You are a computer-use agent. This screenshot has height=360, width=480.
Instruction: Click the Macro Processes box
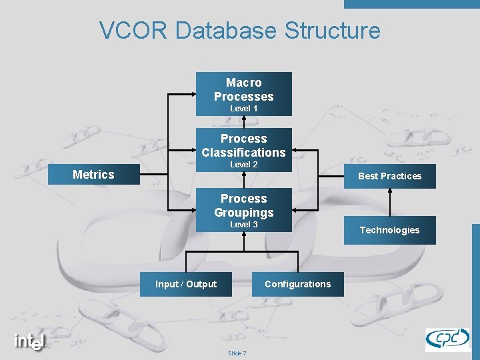coord(243,90)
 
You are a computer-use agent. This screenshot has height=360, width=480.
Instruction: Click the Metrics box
coord(93,175)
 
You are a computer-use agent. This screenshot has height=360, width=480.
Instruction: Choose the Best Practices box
coord(390,176)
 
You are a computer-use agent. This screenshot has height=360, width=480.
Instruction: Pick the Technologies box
coord(390,230)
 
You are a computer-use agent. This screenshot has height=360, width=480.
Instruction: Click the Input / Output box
coord(186,284)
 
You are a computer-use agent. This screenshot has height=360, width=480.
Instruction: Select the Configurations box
coord(297,284)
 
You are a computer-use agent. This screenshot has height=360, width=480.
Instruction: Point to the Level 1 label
coord(243,108)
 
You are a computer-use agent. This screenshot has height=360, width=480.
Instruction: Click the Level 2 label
coord(243,164)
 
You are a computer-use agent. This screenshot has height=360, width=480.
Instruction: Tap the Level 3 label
coord(243,225)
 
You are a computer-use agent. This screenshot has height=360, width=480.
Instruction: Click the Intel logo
coord(30,341)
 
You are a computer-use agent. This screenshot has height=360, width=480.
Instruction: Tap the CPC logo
coord(447,339)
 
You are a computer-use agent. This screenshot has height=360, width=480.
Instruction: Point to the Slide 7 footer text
coord(237,353)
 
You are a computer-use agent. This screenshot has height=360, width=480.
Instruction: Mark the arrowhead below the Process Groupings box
coord(244,235)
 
